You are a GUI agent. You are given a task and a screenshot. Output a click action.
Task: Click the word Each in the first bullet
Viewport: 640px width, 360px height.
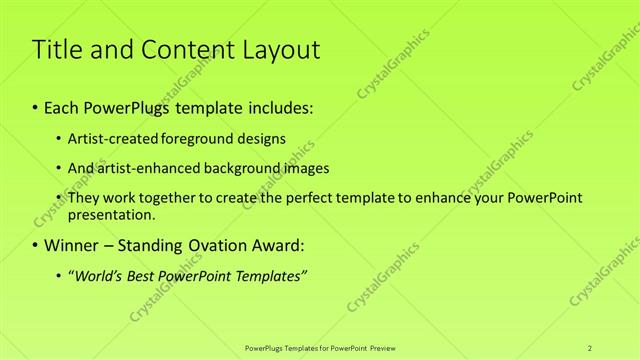(x=62, y=106)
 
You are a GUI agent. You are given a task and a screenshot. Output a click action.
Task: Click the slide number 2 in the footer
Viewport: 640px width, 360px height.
(x=590, y=347)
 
